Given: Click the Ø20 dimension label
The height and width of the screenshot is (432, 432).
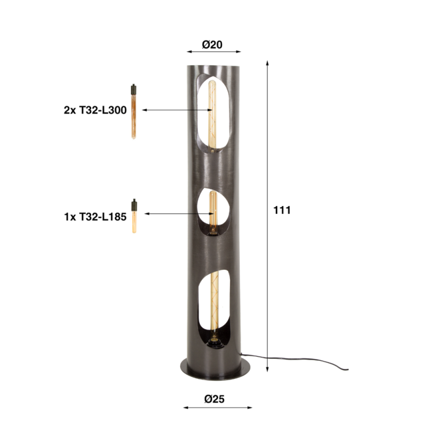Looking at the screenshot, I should (212, 45).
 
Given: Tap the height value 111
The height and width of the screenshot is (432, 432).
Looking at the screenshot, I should (282, 210).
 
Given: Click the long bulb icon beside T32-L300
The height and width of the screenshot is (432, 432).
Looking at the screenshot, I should (134, 111).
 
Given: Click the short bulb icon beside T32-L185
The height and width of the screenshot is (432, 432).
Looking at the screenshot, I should (134, 215).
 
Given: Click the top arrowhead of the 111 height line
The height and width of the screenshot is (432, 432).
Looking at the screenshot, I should (267, 62).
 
